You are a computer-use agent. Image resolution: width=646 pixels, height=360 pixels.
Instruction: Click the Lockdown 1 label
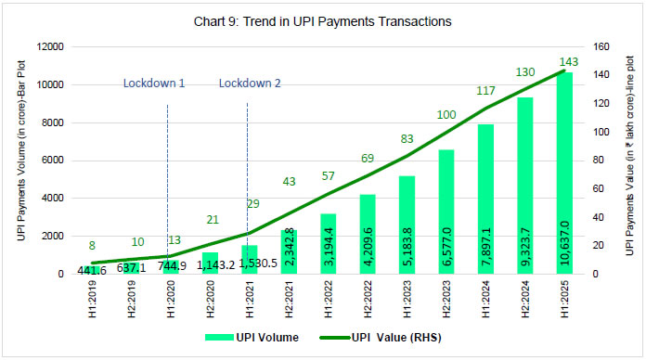(154, 84)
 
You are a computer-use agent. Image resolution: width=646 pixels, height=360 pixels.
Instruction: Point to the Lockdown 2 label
(249, 84)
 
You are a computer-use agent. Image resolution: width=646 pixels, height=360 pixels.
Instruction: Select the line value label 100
(446, 114)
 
